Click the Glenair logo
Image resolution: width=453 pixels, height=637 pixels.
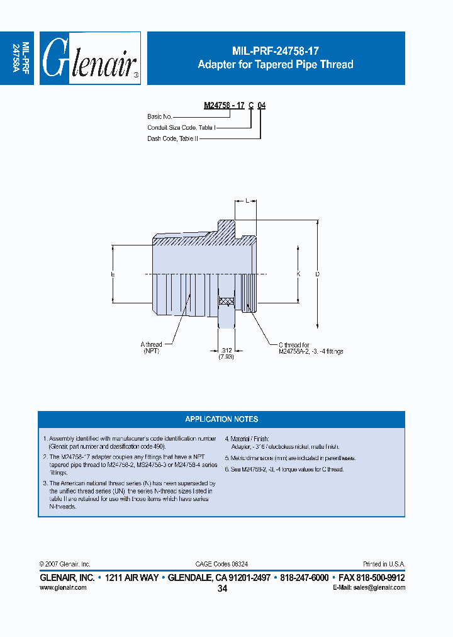(92, 58)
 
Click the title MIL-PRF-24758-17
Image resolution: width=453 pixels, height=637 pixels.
(276, 52)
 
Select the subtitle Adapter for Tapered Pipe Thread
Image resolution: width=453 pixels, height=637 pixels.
(276, 64)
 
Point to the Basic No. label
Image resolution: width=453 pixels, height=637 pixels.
(160, 116)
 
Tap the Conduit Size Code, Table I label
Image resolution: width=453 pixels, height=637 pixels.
(182, 127)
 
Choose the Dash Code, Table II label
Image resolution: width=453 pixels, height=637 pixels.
(173, 138)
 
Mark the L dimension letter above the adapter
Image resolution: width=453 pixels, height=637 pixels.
(248, 201)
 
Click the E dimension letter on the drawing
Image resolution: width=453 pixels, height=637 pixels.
(112, 274)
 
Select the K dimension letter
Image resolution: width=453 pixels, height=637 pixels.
(298, 274)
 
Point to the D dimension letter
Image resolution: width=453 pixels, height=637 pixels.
(317, 274)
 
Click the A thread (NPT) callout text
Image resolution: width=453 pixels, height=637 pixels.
(151, 347)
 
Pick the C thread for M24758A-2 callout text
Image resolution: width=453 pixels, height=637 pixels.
(311, 348)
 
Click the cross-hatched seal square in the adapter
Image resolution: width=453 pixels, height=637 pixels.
(226, 301)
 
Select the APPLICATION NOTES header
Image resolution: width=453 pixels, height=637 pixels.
(221, 419)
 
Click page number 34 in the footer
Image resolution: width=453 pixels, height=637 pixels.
(222, 589)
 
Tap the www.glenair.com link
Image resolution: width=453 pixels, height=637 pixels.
(63, 587)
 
